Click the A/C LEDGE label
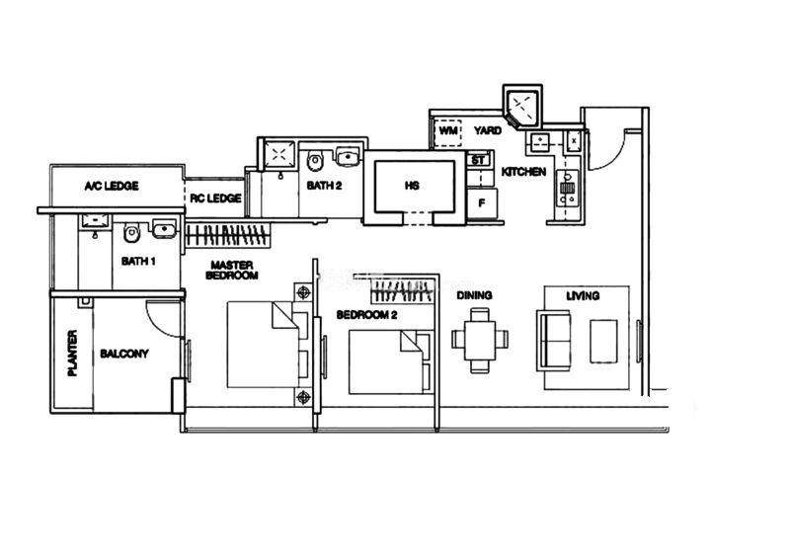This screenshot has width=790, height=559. [112, 186]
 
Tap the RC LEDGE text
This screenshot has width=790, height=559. [215, 199]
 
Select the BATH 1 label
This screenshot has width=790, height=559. [138, 261]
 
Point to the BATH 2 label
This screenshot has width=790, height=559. [324, 186]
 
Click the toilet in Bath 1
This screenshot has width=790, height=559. [131, 232]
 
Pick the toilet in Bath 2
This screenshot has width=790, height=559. [314, 160]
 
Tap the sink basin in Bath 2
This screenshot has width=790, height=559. [348, 156]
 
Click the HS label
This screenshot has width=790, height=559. [412, 186]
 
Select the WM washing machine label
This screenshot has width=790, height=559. [448, 131]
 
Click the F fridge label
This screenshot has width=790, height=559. [482, 203]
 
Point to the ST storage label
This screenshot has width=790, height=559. [478, 160]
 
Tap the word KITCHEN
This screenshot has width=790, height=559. [523, 172]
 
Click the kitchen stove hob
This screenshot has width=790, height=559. [568, 189]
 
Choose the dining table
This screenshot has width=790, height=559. [480, 340]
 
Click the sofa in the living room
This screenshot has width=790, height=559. [554, 341]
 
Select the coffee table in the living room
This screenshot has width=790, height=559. [603, 341]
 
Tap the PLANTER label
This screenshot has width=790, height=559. [72, 353]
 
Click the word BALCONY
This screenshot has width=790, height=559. [124, 354]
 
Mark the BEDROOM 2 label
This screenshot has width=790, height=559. [366, 315]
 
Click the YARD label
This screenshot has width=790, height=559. [488, 130]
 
